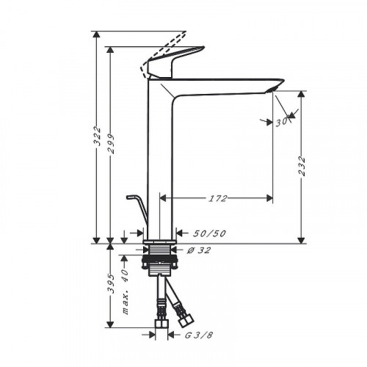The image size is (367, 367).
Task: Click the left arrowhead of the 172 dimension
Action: (164, 198)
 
